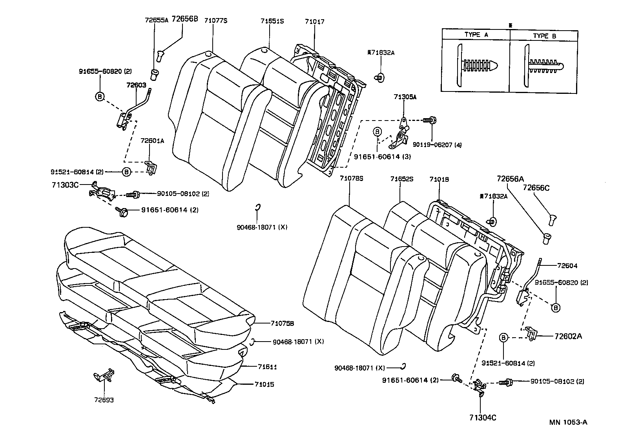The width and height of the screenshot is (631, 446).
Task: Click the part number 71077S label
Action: click(215, 21)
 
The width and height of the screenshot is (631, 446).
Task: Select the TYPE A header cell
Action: click(476, 35)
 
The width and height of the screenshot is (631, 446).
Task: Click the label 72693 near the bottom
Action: click(104, 400)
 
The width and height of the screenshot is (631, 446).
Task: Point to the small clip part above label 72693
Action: click(104, 375)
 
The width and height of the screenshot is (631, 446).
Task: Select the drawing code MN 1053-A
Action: click(568, 422)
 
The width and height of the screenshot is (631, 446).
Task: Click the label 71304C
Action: click(483, 418)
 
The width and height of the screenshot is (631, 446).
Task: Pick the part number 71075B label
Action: click(282, 323)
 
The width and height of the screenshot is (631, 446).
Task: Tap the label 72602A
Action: click(568, 336)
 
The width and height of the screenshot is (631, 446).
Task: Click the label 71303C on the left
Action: click(65, 184)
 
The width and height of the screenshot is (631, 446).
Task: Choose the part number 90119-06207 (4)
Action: click(437, 145)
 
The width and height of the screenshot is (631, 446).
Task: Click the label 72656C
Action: click(536, 188)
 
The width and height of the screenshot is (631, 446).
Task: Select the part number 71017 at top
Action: click(315, 22)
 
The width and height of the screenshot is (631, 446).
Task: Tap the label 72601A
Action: click(152, 141)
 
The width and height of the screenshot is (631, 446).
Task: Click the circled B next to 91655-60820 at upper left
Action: click(100, 96)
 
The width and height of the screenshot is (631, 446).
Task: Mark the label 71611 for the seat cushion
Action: click(267, 367)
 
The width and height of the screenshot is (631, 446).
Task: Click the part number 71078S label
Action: click(352, 179)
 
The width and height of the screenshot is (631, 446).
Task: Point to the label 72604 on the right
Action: click(567, 266)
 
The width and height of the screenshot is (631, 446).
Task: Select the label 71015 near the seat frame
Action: click(264, 384)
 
